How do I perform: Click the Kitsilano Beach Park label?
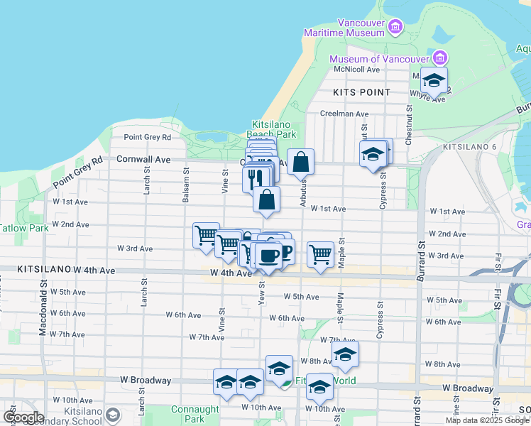pyautogui.click(x=271, y=129)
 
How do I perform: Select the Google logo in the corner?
pyautogui.click(x=23, y=417)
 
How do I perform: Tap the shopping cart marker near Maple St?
pyautogui.click(x=320, y=253)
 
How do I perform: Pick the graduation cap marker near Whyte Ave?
pyautogui.click(x=434, y=80)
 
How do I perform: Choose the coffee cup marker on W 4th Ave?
pyautogui.click(x=267, y=255)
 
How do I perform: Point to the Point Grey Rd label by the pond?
pyautogui.click(x=147, y=137)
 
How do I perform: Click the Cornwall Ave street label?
pyautogui.click(x=144, y=160)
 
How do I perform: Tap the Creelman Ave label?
pyautogui.click(x=344, y=114)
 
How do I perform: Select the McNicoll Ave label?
pyautogui.click(x=358, y=70)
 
